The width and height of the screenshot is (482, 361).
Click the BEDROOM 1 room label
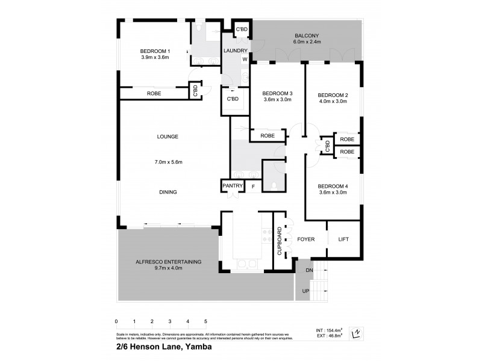tap(155, 50)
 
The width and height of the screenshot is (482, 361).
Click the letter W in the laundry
tap(245, 60)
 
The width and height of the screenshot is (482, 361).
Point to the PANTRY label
tap(232, 187)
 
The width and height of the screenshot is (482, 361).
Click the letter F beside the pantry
tap(253, 187)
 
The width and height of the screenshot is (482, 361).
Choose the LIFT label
tap(343, 239)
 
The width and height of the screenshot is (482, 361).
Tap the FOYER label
tap(306, 239)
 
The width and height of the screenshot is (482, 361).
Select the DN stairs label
tap(310, 270)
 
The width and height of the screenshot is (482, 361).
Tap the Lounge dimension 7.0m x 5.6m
tap(168, 162)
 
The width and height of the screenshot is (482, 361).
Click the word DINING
tap(168, 192)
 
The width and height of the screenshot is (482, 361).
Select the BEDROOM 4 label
tap(333, 185)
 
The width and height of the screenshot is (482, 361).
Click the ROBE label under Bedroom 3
tap(268, 136)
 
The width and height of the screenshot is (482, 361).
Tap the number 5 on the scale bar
tap(206, 321)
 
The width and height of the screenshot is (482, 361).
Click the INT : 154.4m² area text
tap(330, 330)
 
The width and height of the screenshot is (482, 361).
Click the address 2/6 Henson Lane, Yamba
tap(163, 347)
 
